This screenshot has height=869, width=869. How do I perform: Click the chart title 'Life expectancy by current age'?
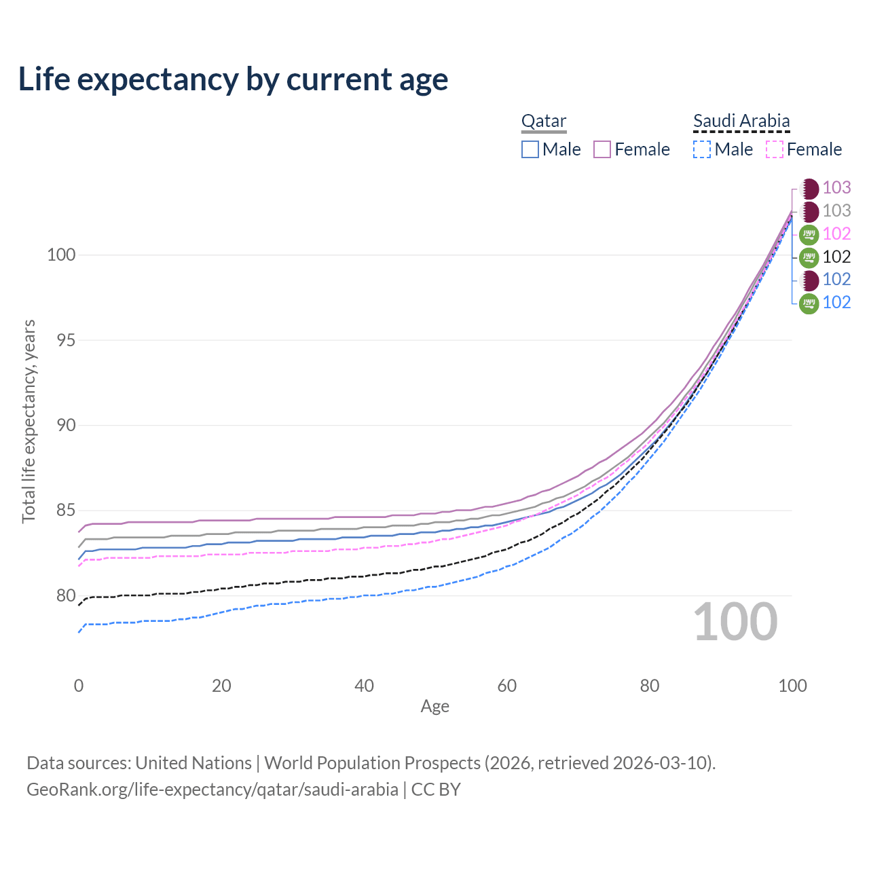tap(233, 79)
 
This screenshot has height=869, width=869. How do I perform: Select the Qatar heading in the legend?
tap(543, 122)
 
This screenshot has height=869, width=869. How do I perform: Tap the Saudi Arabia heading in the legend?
tap(741, 122)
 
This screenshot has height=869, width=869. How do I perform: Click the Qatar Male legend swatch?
tap(530, 149)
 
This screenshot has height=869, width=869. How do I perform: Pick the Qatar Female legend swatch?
tap(602, 149)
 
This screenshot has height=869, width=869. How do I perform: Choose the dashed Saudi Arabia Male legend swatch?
tap(702, 149)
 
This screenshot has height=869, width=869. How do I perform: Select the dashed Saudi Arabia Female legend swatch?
tap(775, 149)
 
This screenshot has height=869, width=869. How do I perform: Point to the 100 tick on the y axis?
tap(61, 255)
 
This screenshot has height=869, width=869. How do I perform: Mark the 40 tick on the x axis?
tap(364, 686)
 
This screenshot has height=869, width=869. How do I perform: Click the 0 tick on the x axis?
tap(79, 686)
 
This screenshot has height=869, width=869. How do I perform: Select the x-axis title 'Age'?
tap(434, 707)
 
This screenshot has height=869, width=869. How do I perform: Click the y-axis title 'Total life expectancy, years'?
tap(29, 422)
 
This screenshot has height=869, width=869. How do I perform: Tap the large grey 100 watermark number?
tap(735, 622)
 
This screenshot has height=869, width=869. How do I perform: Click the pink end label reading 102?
tap(836, 234)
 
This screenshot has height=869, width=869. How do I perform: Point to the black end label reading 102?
tap(836, 257)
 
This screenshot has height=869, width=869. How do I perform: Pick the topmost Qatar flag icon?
tap(809, 189)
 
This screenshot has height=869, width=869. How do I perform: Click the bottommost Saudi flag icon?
tap(809, 303)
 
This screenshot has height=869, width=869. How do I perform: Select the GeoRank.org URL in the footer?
tap(212, 790)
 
